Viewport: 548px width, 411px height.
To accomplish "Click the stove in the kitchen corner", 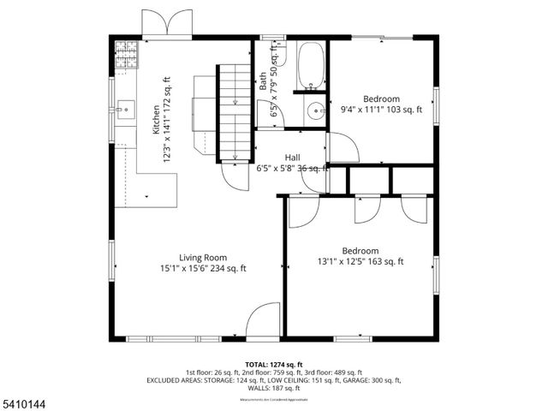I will point(125,54).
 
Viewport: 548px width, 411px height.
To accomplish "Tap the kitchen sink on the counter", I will point(125,109).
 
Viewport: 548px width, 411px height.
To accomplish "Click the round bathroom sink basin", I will point(316,110).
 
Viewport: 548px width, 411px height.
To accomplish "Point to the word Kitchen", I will point(155,120).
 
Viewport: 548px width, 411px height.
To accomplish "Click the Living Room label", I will point(202,258).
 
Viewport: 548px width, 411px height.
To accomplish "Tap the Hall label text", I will point(292,158).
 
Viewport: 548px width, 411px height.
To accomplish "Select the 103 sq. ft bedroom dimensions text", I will point(381,109).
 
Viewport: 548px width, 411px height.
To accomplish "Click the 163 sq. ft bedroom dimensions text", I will point(360,262).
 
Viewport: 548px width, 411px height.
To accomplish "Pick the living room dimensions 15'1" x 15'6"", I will point(202,268).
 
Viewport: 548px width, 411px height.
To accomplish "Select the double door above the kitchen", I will point(167,23).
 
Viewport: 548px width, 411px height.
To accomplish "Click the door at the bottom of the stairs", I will point(234,176).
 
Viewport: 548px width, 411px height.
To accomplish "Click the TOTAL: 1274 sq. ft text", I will point(274,364).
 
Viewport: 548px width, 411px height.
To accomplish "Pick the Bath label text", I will point(263,81).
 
